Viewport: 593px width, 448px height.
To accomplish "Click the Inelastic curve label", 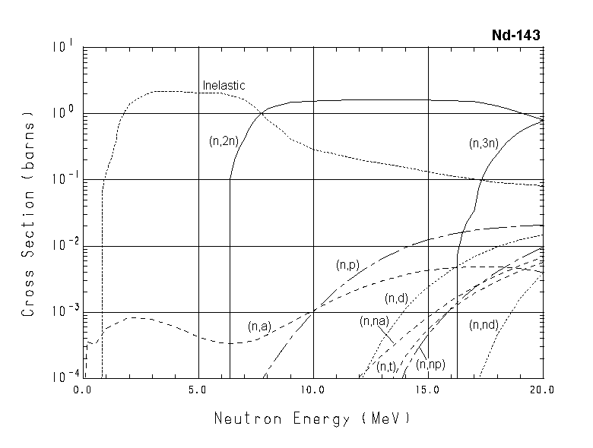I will click(224, 85).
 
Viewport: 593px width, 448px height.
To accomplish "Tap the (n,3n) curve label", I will click(484, 141).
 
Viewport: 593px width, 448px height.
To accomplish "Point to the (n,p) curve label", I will click(347, 265).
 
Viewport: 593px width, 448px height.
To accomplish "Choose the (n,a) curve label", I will click(259, 327).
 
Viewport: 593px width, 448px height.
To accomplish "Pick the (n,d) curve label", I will click(397, 297).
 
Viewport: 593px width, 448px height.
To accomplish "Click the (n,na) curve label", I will click(374, 321).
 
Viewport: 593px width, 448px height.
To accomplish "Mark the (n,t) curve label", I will click(386, 367).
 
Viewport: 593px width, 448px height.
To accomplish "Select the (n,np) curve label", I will click(432, 365).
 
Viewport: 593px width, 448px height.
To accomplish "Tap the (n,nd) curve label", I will click(484, 325).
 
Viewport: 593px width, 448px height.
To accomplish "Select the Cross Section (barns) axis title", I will click(28, 216).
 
